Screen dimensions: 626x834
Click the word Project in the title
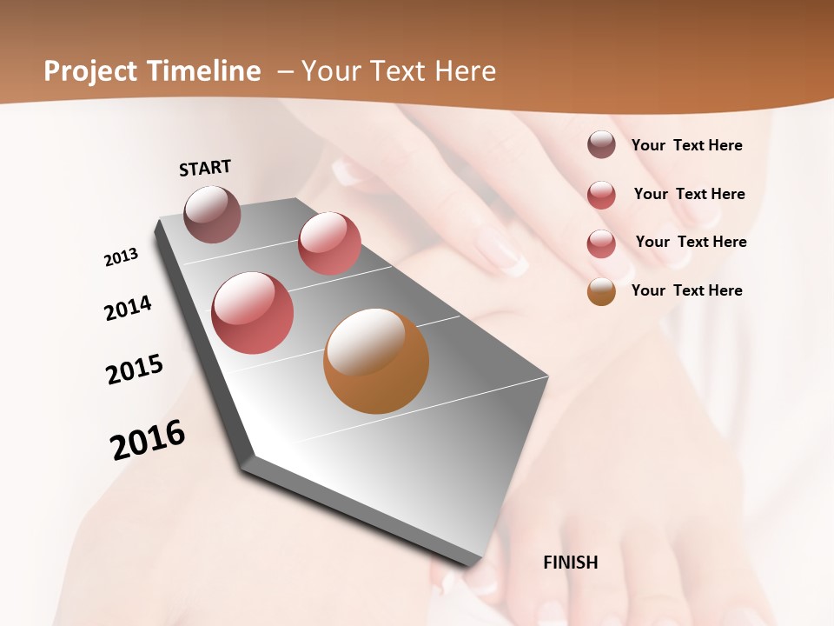(89, 71)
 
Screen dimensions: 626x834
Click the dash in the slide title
(285, 72)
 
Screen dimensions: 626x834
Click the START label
(205, 168)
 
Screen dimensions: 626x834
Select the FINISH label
(571, 563)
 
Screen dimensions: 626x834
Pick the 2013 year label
(121, 257)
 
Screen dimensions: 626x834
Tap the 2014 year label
(128, 308)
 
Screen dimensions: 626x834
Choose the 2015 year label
(135, 369)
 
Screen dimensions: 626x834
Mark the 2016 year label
(148, 440)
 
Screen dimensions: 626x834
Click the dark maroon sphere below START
(213, 214)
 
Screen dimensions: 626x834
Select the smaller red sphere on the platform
(329, 243)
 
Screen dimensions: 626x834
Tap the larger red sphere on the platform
(253, 313)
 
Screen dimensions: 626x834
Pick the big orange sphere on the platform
(376, 361)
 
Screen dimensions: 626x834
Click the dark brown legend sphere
(601, 144)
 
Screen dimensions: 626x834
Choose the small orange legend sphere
(601, 291)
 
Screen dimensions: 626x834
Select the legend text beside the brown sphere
(686, 145)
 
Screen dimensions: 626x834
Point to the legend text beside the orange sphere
(686, 290)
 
